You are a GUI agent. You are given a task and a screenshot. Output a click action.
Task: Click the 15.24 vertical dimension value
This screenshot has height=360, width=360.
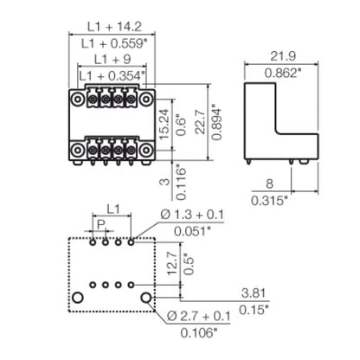164,122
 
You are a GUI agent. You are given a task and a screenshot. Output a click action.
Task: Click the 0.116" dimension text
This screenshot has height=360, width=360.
179,177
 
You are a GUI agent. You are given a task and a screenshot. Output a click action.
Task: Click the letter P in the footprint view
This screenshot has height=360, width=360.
100,226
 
